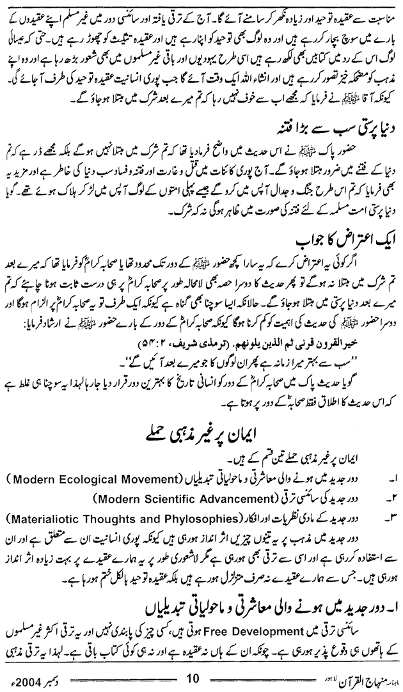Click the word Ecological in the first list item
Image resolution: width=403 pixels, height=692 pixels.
click(77, 478)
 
